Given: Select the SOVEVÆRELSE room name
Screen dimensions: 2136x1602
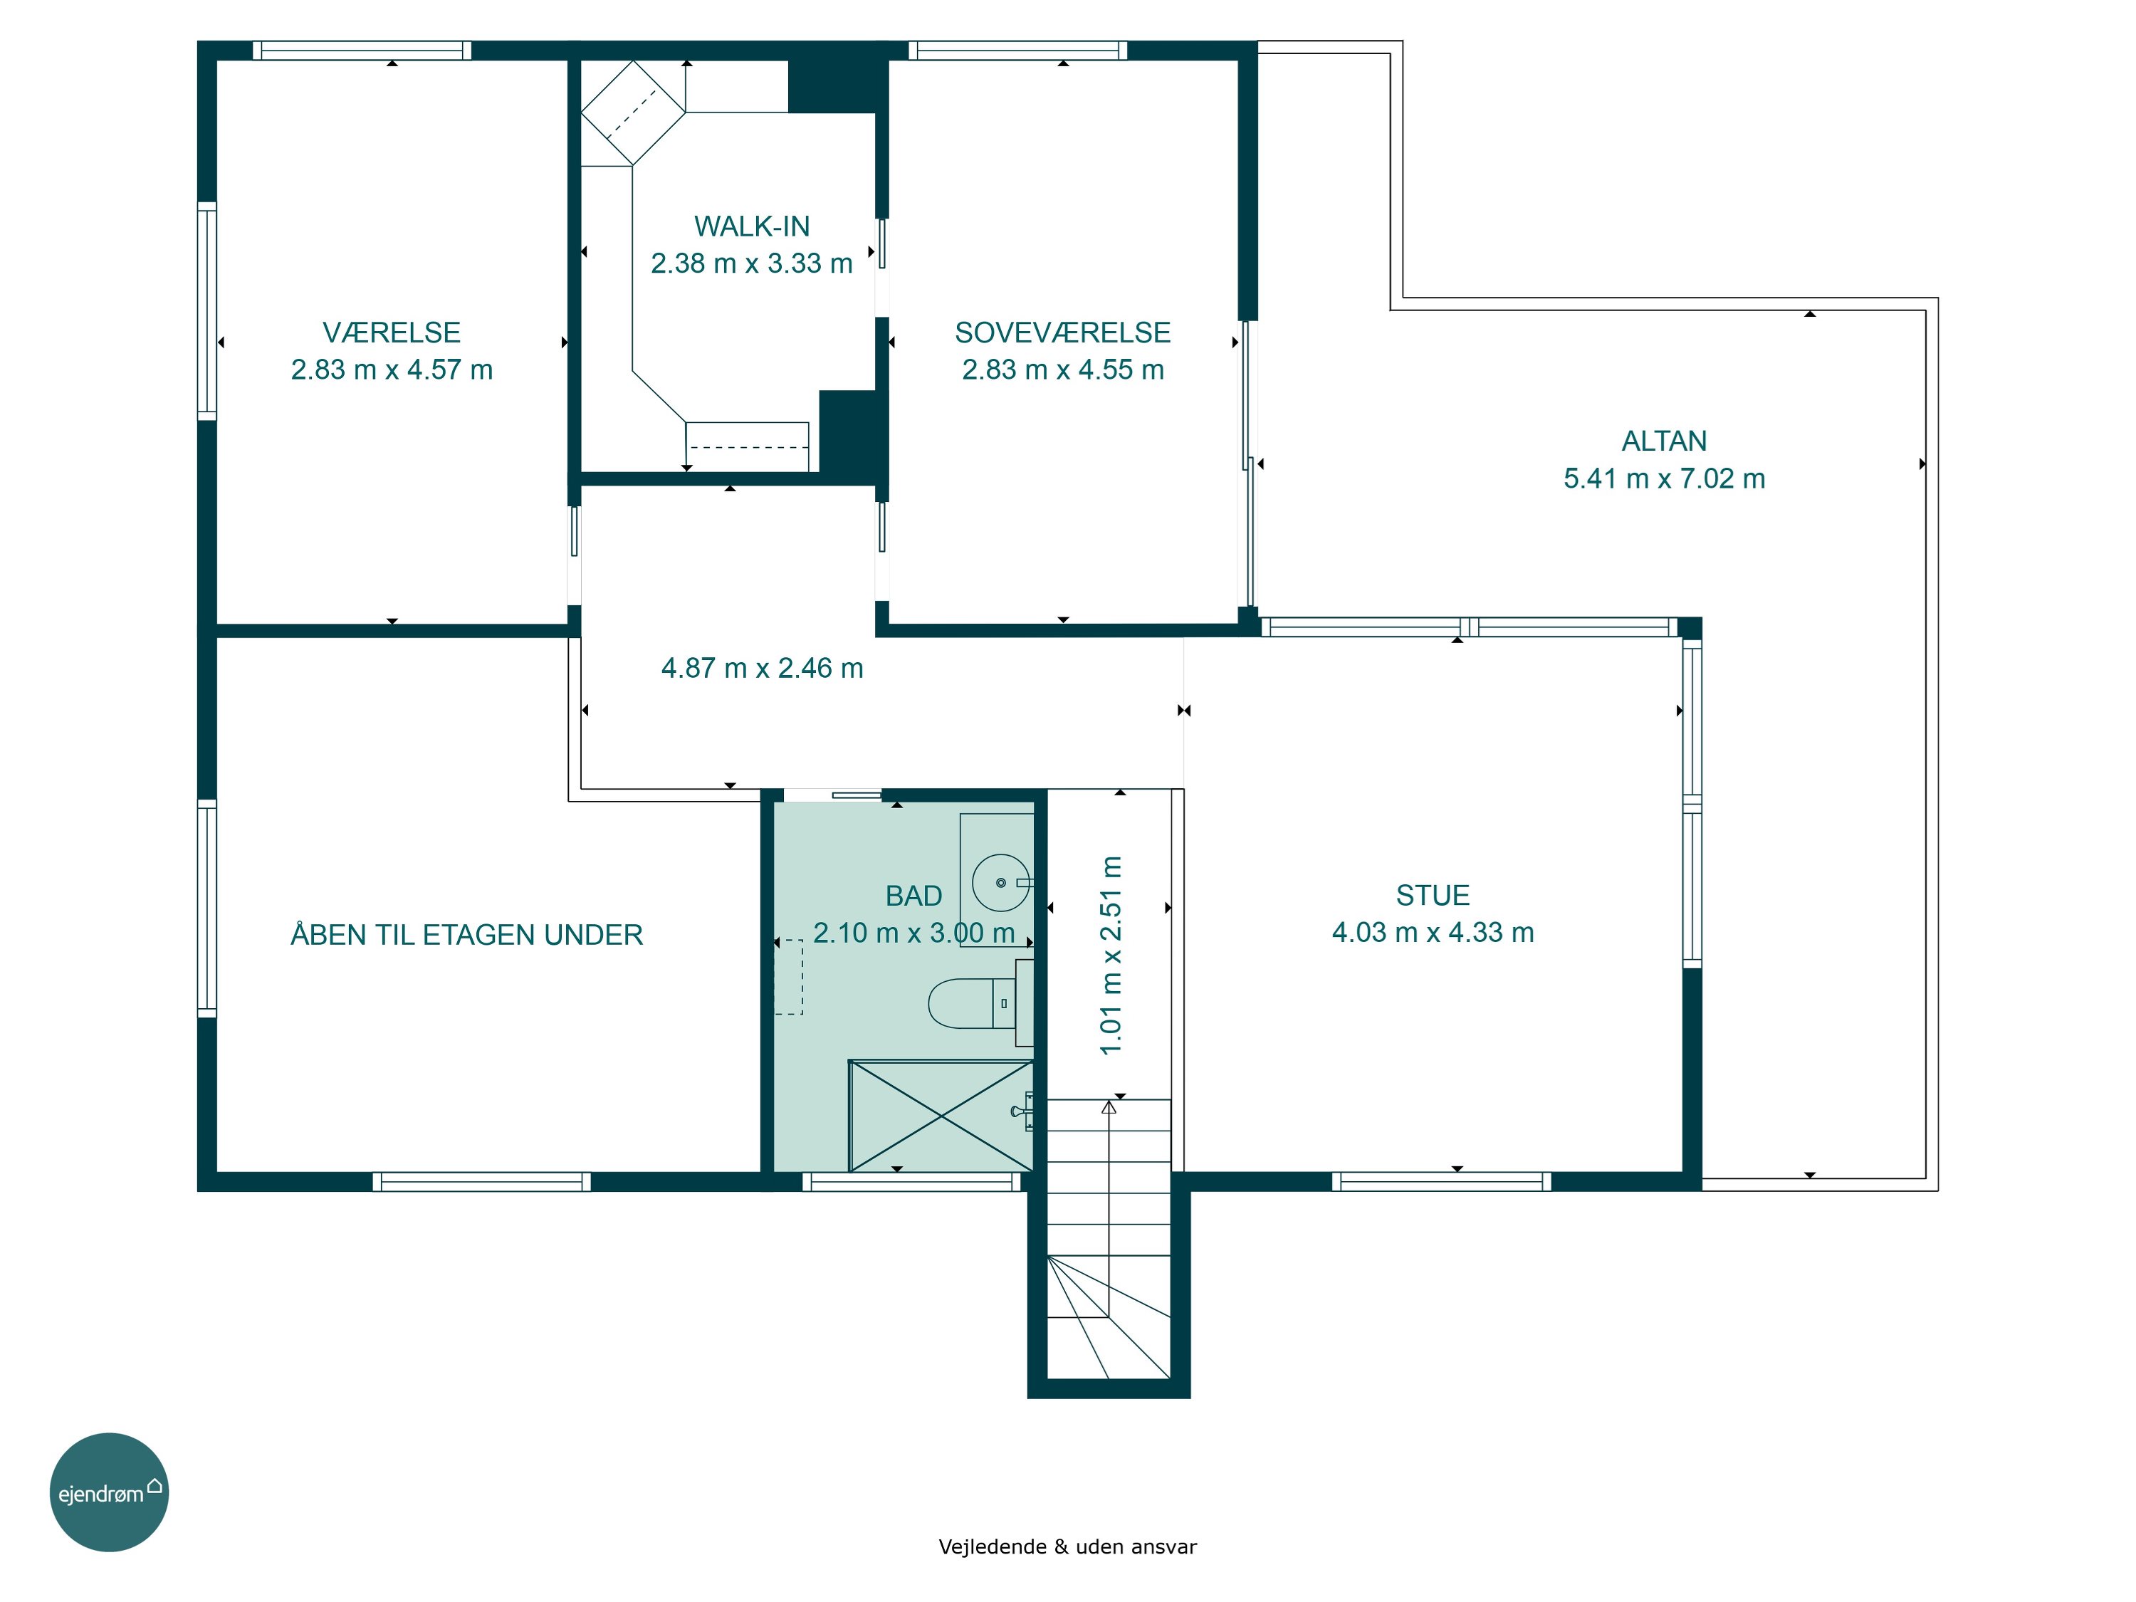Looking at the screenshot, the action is click(x=1062, y=333).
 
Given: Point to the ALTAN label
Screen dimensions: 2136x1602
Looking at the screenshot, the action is click(x=1664, y=441).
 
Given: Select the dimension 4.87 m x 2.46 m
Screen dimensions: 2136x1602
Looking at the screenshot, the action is click(x=762, y=669).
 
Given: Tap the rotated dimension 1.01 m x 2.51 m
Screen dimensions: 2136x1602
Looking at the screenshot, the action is click(x=1111, y=955).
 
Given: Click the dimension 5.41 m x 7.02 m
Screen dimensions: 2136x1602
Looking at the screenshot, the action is click(x=1664, y=478).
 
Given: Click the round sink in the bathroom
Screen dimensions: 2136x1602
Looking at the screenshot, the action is click(x=1001, y=883).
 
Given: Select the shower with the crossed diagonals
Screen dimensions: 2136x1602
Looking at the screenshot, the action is click(x=941, y=1116).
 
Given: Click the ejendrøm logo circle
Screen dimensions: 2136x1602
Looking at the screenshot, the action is click(x=109, y=1492).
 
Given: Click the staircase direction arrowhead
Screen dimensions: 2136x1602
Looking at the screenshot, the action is click(x=1109, y=1108).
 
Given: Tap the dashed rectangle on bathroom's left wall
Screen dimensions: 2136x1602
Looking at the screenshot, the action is click(x=789, y=976).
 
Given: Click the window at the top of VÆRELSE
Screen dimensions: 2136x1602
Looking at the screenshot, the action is click(x=362, y=51).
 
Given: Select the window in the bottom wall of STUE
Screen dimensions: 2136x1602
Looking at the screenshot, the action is click(x=1442, y=1181).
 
